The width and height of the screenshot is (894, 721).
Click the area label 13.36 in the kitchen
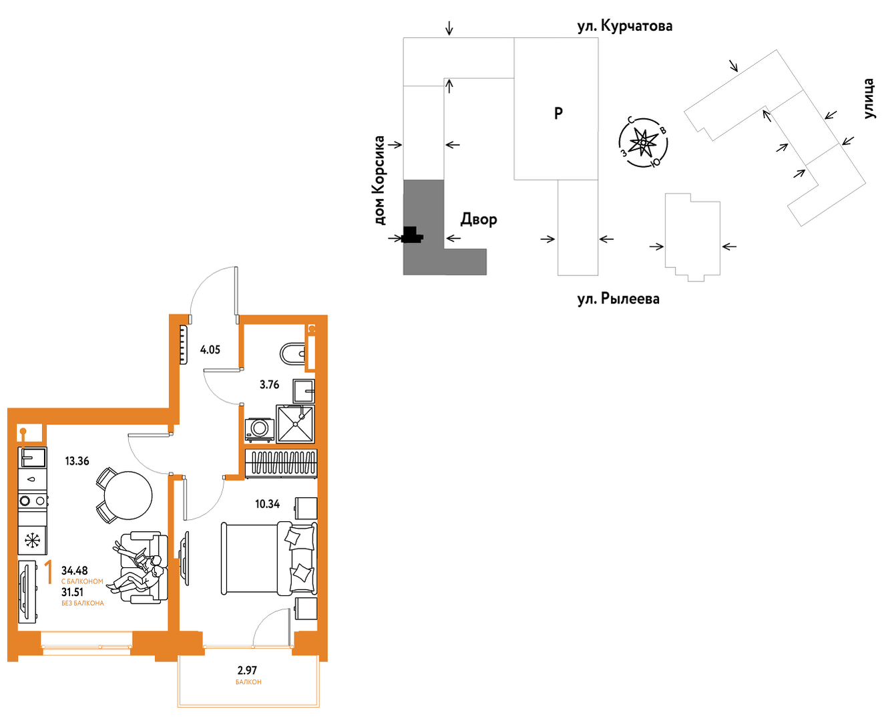click(x=77, y=461)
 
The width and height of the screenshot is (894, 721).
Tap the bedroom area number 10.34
click(x=268, y=504)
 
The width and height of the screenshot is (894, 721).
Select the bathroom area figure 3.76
click(x=270, y=385)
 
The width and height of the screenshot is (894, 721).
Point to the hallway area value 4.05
click(x=210, y=350)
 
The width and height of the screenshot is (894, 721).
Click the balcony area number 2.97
click(x=247, y=670)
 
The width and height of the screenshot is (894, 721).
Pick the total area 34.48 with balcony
click(x=74, y=571)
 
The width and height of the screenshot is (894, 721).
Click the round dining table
click(x=128, y=495)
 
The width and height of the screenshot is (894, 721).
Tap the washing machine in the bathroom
click(x=260, y=430)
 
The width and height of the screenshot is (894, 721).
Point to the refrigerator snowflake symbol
click(x=31, y=541)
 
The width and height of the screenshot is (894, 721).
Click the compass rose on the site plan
click(x=643, y=142)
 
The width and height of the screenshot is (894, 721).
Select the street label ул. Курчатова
click(x=625, y=26)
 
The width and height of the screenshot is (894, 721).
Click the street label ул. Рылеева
click(x=618, y=299)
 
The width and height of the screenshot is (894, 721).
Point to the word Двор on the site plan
click(x=479, y=220)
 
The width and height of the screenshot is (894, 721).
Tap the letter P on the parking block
click(x=558, y=113)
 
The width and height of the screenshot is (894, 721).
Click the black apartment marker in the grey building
click(x=412, y=235)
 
